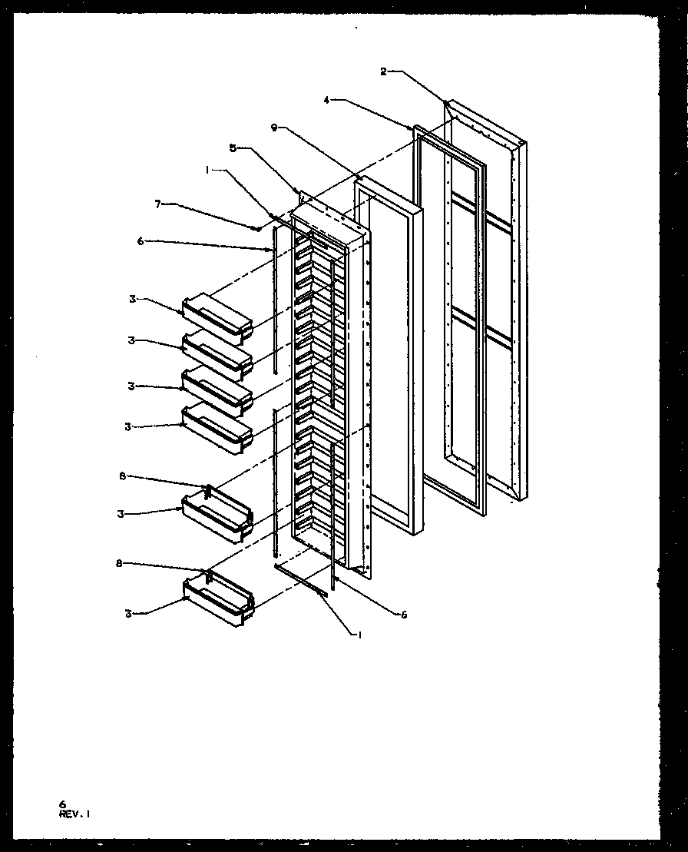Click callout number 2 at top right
coord(383,71)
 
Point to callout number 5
coord(233,148)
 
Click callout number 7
coord(159,205)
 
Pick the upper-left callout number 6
coord(141,240)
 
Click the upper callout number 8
coord(121,476)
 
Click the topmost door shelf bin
coord(217,317)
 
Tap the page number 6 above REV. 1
coord(62,804)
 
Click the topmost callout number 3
coord(131,299)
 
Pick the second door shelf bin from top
coord(217,356)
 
